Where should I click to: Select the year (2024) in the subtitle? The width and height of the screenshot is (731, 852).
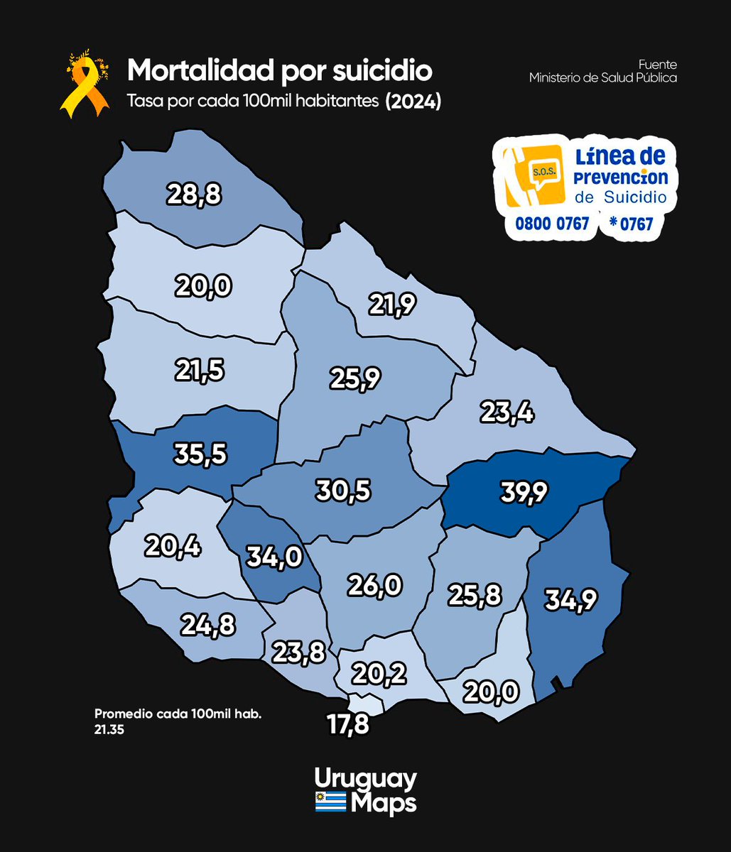point(413,102)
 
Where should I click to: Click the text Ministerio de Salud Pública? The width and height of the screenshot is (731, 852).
point(602,78)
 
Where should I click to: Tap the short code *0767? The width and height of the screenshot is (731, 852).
point(631,224)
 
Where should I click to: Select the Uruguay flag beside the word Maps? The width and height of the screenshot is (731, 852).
point(330,803)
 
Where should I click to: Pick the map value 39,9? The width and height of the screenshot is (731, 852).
point(524,491)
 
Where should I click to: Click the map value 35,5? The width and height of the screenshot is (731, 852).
point(201,454)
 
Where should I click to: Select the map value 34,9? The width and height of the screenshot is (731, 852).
point(570,600)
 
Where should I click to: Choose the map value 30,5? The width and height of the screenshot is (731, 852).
point(343,490)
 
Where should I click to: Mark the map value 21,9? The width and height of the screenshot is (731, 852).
point(391,305)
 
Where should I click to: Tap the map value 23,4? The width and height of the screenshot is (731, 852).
point(507,411)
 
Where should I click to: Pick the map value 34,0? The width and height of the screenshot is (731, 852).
point(274,557)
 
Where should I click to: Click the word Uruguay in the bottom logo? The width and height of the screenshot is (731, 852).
point(365,780)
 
